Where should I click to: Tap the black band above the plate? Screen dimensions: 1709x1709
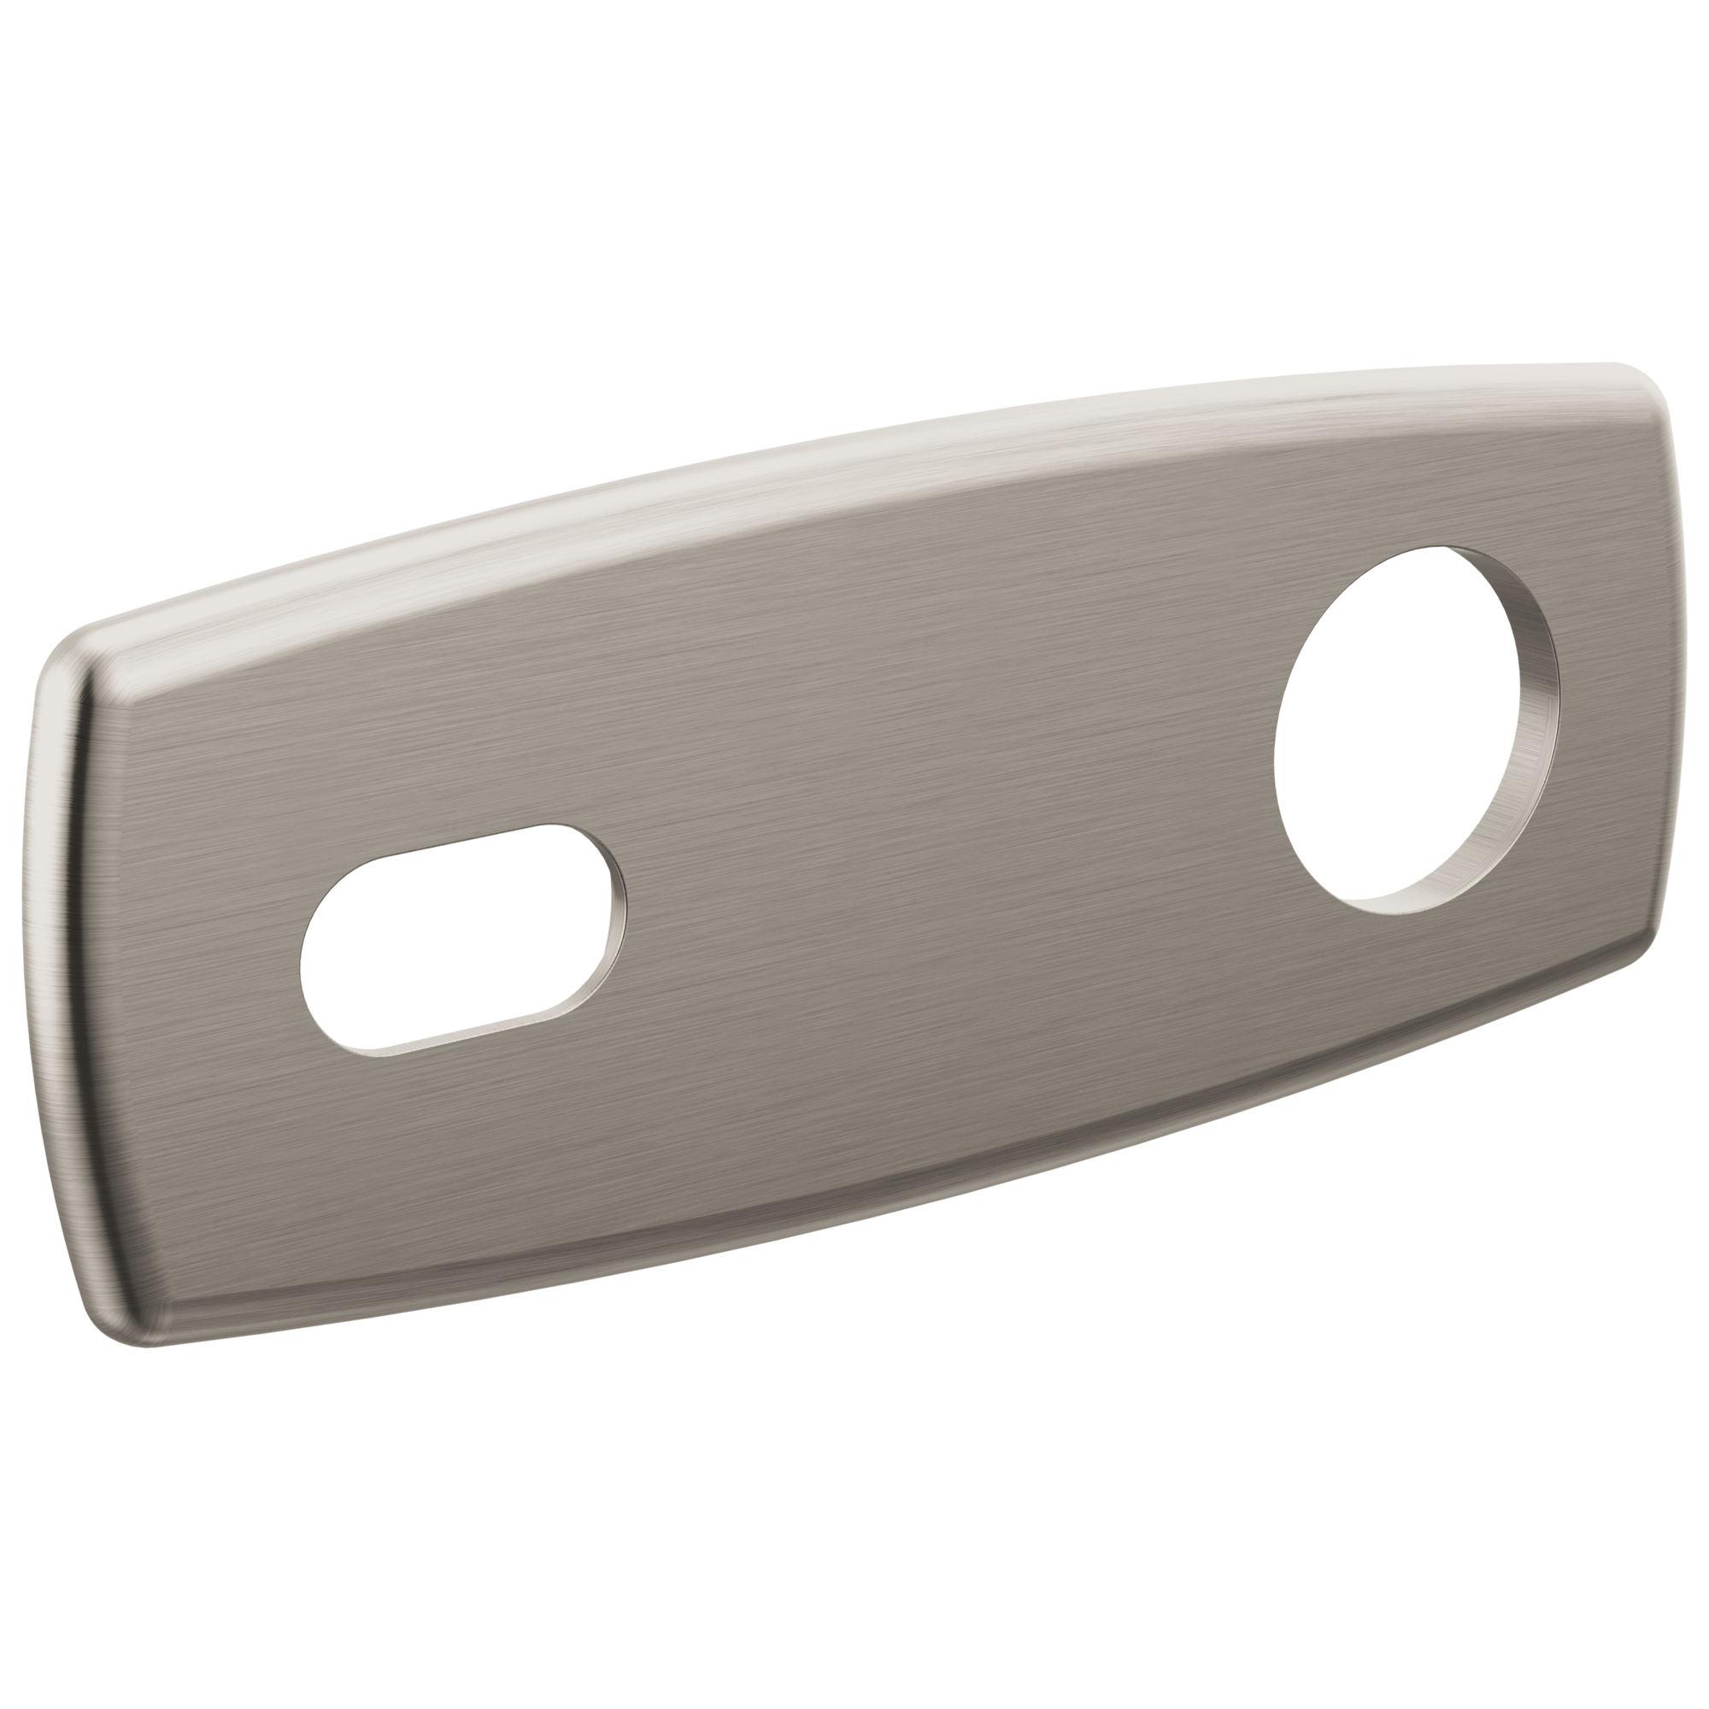[854, 177]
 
